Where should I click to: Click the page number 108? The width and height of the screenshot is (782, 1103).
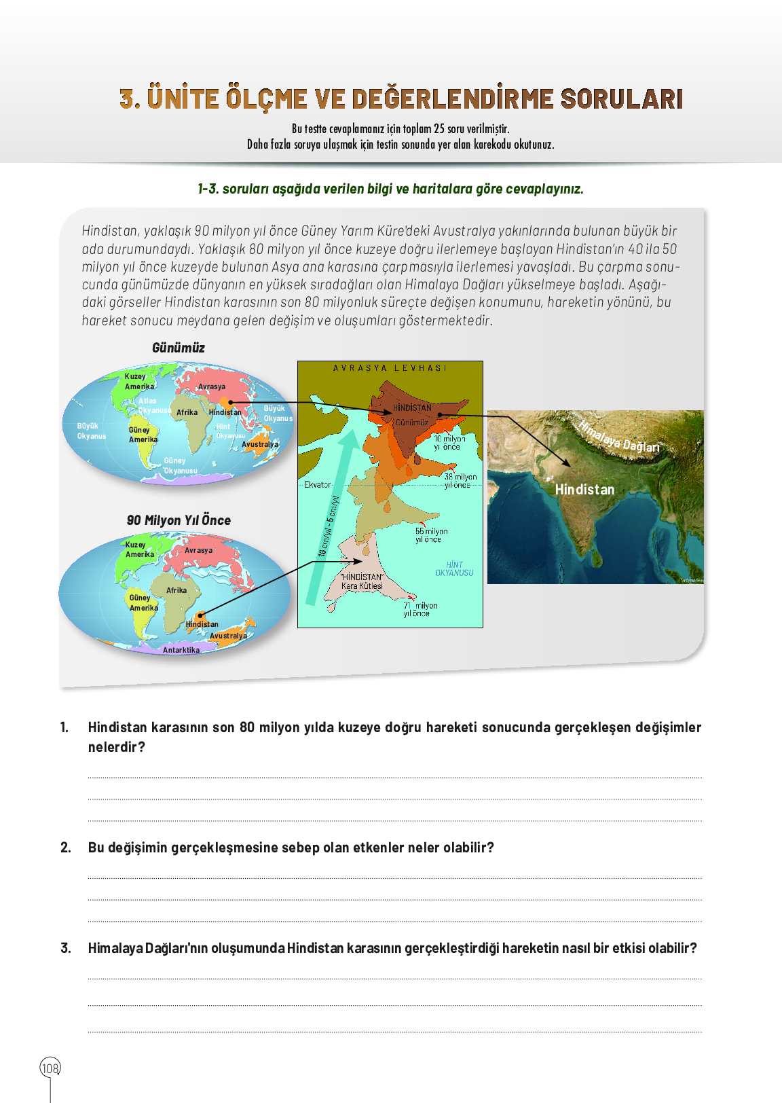pos(50,1068)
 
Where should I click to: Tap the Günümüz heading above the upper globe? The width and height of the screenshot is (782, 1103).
pos(178,348)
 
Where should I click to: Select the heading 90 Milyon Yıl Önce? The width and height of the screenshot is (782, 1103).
pos(179,520)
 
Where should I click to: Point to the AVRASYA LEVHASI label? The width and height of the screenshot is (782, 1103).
pos(390,368)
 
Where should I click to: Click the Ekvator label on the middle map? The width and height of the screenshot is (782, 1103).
pos(317,485)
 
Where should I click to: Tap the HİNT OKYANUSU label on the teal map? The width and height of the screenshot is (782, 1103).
pos(454,568)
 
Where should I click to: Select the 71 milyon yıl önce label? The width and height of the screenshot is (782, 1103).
pos(420,609)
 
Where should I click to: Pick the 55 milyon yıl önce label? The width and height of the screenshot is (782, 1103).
pos(430,535)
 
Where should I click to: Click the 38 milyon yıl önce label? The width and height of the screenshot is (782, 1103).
pos(460,481)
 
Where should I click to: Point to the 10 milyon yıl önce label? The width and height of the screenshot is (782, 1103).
pos(449,443)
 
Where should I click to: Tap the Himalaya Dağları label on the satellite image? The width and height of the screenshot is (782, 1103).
pos(619,437)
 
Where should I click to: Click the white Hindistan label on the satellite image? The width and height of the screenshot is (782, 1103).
pos(584,490)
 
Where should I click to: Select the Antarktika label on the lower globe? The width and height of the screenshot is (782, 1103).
pos(181,650)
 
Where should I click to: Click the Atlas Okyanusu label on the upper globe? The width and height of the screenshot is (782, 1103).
pos(153,405)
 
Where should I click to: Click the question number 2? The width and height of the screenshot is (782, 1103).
pos(65,848)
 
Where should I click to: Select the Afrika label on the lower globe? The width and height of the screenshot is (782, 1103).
pos(176,590)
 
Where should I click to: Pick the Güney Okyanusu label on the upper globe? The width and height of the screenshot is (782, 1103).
pos(179,465)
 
